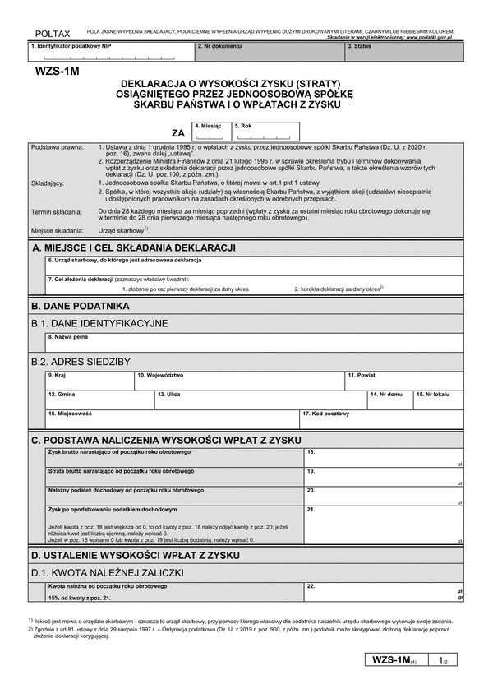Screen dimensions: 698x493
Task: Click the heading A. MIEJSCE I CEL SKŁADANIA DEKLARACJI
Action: tap(134, 247)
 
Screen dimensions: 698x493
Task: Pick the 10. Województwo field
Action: tap(238, 380)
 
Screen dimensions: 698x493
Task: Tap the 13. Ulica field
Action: tap(259, 400)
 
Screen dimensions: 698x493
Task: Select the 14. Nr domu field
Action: tap(389, 400)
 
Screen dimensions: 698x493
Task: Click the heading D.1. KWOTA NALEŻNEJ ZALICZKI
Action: tap(108, 572)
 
